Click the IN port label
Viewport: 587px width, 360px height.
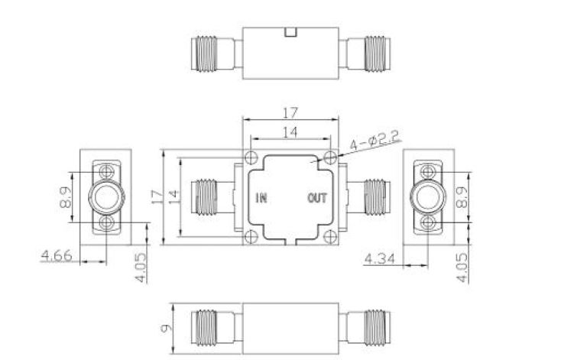coord(261,198)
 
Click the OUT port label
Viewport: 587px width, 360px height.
coord(317,198)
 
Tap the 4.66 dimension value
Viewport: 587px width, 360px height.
coord(57,255)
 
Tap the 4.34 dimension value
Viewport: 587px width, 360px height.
coord(380,258)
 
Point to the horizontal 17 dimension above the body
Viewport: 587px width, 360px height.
coord(290,112)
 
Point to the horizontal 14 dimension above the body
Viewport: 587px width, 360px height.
coord(290,131)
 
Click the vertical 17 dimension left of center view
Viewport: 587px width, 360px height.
coord(157,197)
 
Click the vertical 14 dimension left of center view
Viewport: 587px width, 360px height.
coord(174,197)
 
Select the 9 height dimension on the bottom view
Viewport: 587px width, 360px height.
coord(166,328)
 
